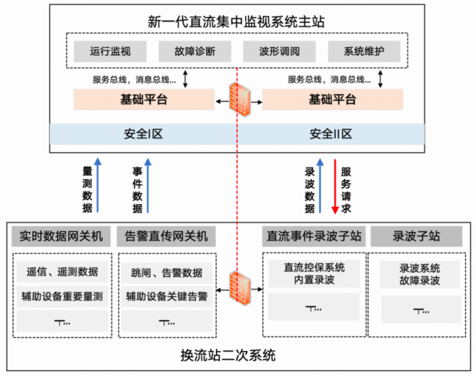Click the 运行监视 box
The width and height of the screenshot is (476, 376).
pyautogui.click(x=109, y=52)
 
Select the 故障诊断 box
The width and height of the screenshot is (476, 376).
pyautogui.click(x=195, y=52)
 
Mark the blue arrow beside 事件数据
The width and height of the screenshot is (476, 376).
pyautogui.click(x=149, y=187)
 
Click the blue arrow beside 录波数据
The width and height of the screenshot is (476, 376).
pyautogui.click(x=320, y=187)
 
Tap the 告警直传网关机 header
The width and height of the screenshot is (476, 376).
pyautogui.click(x=166, y=236)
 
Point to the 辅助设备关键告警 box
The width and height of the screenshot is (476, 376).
pyautogui.click(x=166, y=297)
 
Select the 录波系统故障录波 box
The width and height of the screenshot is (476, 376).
pyautogui.click(x=416, y=274)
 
